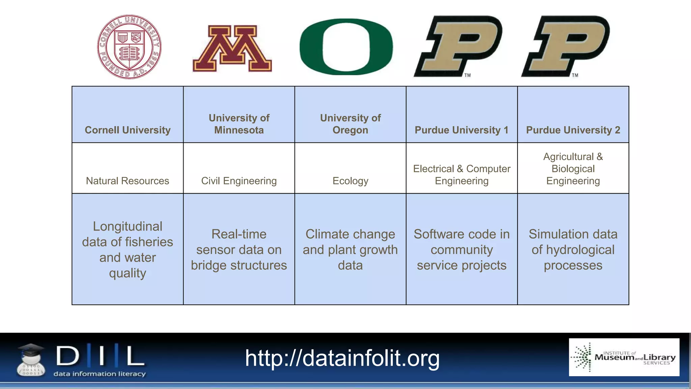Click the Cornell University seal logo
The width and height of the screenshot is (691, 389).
(129, 47)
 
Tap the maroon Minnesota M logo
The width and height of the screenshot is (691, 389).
(232, 48)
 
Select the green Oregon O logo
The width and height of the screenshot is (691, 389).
(346, 47)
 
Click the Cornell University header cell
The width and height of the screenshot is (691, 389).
(128, 130)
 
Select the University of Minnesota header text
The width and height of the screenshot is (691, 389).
(239, 124)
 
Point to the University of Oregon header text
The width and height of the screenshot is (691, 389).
(350, 124)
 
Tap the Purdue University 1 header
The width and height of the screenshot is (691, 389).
(461, 130)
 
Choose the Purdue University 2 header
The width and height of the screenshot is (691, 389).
(573, 130)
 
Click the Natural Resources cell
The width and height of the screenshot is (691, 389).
(128, 181)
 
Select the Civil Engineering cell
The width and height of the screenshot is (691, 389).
(239, 181)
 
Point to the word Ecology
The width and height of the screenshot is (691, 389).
(350, 181)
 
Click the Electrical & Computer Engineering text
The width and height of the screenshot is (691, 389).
(462, 175)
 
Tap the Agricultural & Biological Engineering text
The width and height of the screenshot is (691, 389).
(573, 168)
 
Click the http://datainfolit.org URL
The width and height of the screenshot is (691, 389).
(342, 358)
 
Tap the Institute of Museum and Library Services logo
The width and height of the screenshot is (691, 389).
(624, 357)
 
